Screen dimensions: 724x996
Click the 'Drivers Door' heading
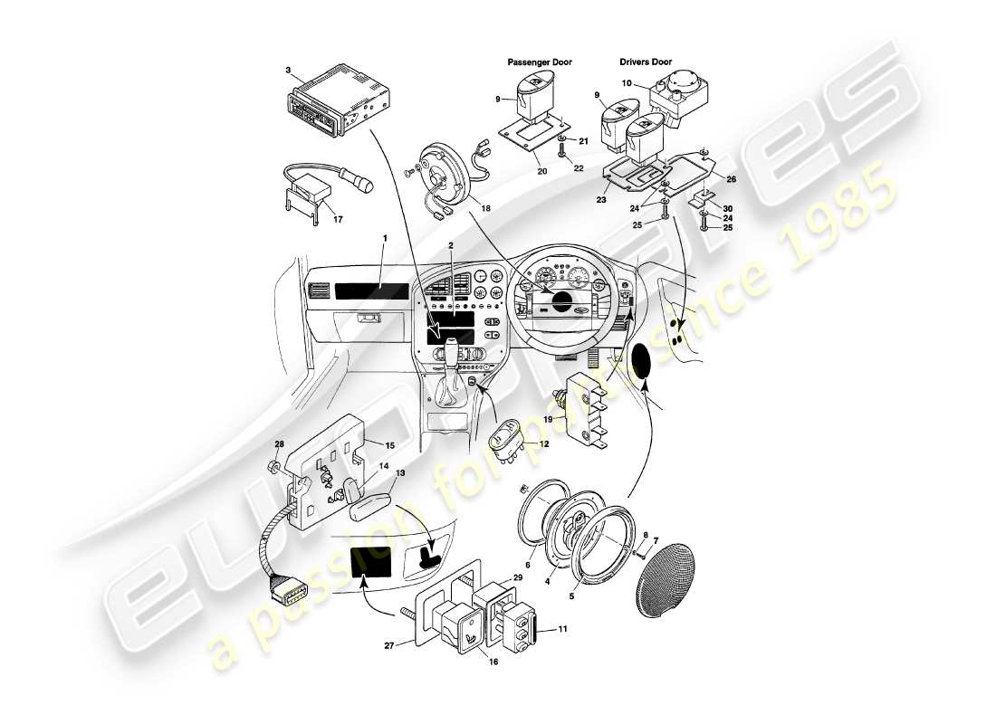click(x=650, y=62)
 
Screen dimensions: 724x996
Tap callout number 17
click(x=338, y=218)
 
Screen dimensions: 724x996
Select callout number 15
click(x=390, y=445)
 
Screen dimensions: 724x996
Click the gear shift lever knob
click(x=450, y=347)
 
